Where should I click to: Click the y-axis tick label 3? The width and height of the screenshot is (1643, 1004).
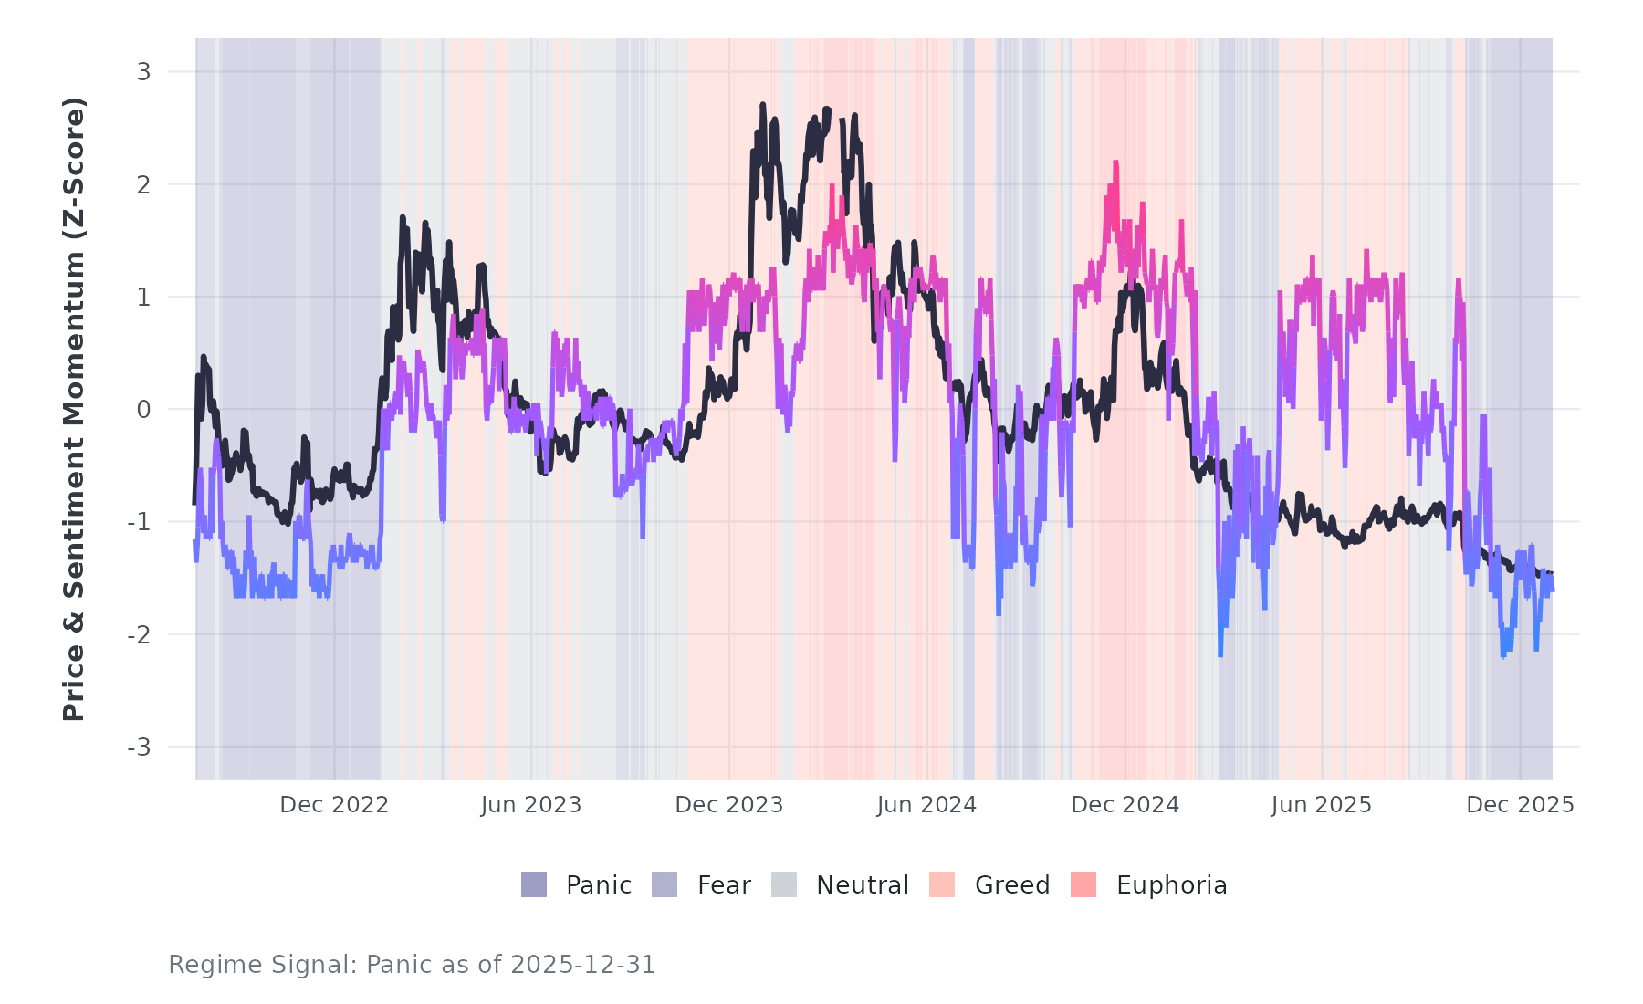(143, 71)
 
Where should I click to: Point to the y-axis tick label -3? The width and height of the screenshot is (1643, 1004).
(139, 748)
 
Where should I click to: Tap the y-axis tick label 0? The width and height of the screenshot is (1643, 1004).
(143, 410)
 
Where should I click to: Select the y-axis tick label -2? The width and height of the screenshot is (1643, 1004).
(139, 634)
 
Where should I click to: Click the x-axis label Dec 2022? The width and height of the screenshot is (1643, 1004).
(334, 805)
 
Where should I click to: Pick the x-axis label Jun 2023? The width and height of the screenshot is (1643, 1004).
(531, 805)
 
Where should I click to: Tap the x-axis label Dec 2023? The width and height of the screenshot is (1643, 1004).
(729, 805)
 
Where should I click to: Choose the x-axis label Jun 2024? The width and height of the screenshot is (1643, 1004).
(926, 805)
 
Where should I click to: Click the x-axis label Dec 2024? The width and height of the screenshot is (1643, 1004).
(1125, 805)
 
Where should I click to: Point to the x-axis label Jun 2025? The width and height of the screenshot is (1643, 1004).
(1322, 805)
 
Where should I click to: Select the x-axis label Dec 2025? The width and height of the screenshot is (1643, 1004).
(1520, 805)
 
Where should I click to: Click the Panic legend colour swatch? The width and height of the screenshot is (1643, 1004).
(534, 884)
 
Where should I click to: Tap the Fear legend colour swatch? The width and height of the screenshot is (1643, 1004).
(665, 884)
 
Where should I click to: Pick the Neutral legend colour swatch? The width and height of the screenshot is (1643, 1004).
(784, 884)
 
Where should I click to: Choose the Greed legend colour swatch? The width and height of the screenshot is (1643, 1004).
(942, 884)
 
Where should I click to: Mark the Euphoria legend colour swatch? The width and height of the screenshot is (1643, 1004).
(1083, 884)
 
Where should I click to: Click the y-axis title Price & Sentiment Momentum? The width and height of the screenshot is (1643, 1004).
(74, 409)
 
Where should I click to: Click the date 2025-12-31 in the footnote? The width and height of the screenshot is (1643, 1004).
(582, 965)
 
